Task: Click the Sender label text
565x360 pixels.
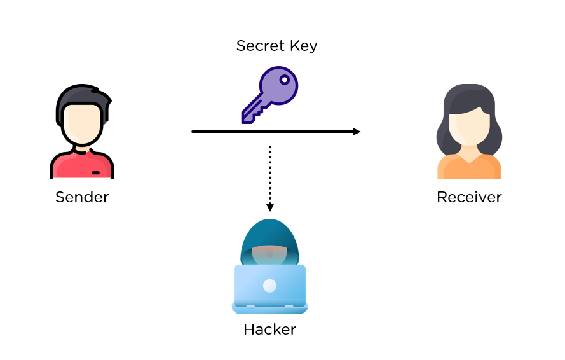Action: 82,197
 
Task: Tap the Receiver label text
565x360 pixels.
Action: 469,197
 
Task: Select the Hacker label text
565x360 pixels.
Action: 269,329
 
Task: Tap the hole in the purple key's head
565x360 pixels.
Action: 285,81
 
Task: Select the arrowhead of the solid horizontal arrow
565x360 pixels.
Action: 357,132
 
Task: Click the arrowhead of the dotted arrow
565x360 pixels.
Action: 269,207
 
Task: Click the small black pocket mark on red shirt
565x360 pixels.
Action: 95,172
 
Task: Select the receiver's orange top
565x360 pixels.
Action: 469,168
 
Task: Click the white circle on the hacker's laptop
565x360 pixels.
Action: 269,286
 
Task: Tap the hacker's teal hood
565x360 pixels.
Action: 269,235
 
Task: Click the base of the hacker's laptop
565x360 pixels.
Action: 269,308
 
